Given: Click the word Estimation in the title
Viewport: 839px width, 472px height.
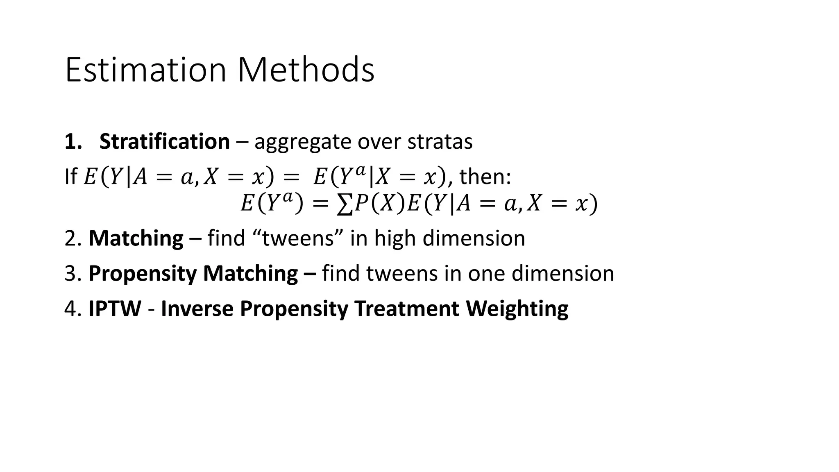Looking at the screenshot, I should click(145, 70).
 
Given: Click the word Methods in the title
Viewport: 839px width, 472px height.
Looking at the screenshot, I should click(306, 70).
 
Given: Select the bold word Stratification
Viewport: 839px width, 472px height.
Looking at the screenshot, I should click(164, 142).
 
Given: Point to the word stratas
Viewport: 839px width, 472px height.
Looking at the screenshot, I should click(440, 142).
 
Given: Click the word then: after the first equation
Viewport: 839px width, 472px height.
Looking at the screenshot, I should click(485, 177).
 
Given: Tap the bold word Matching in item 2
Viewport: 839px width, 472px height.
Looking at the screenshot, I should click(136, 238).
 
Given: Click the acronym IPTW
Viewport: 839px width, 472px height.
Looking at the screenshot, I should click(115, 309).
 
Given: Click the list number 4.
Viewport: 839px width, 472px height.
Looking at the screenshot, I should click(70, 309).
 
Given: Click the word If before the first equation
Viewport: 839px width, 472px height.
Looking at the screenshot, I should click(70, 177).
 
